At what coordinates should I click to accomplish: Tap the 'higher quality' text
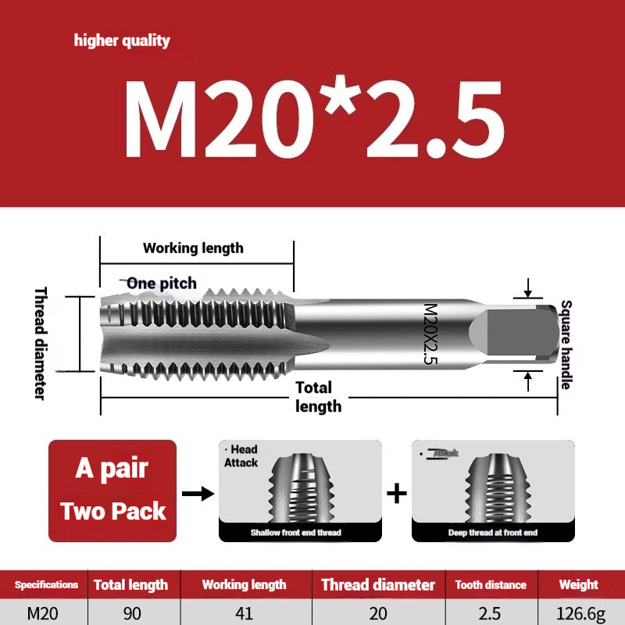[x=122, y=41]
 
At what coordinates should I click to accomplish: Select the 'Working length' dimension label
[x=193, y=248]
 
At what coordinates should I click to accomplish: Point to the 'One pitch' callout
[x=161, y=283]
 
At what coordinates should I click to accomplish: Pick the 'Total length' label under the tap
[x=316, y=397]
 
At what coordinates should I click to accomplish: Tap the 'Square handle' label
[x=566, y=345]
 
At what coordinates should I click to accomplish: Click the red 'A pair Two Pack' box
[x=112, y=491]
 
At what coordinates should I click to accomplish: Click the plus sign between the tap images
[x=398, y=493]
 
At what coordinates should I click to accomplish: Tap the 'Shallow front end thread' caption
[x=295, y=532]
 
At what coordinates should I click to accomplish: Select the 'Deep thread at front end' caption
[x=492, y=532]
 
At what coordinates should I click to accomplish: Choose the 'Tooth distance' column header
[x=491, y=584]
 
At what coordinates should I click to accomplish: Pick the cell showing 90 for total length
[x=132, y=613]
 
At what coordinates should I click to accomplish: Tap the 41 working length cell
[x=244, y=613]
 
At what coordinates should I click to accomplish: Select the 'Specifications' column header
[x=46, y=584]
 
